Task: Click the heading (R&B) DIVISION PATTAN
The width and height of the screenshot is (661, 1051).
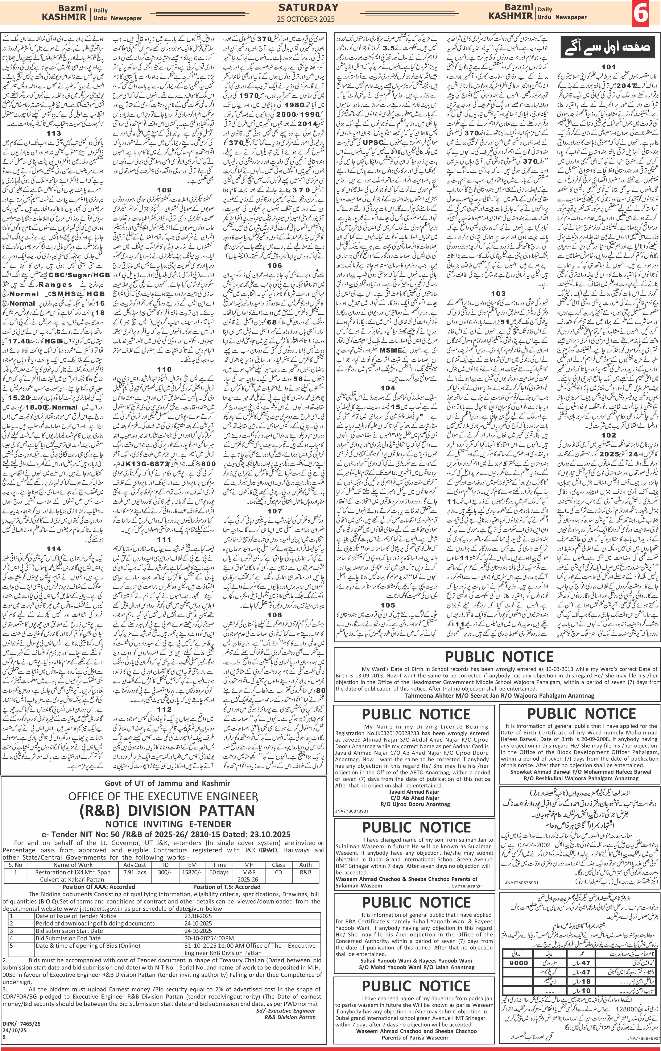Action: click(x=167, y=810)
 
